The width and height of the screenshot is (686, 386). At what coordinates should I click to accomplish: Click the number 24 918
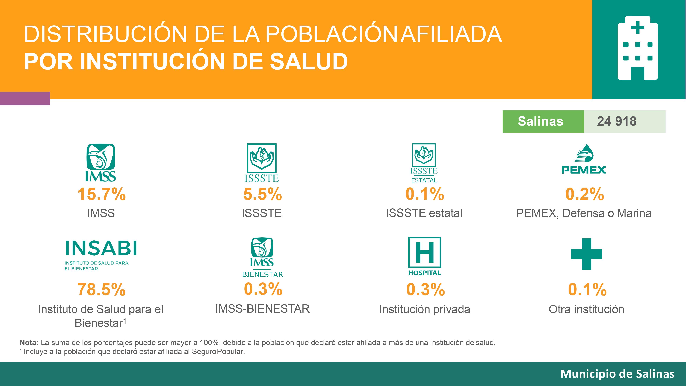pyautogui.click(x=617, y=121)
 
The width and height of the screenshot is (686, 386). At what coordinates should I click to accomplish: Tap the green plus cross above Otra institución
pyautogui.click(x=586, y=254)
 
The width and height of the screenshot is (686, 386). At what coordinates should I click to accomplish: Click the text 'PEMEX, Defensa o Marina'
pyautogui.click(x=584, y=213)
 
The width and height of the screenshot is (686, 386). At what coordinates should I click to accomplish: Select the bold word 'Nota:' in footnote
pyautogui.click(x=29, y=343)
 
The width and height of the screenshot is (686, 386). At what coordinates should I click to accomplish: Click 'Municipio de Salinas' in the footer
pyautogui.click(x=617, y=374)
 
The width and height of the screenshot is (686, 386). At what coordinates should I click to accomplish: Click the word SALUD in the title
pyautogui.click(x=309, y=62)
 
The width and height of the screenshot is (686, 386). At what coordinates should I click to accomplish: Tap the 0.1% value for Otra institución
pyautogui.click(x=587, y=290)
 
